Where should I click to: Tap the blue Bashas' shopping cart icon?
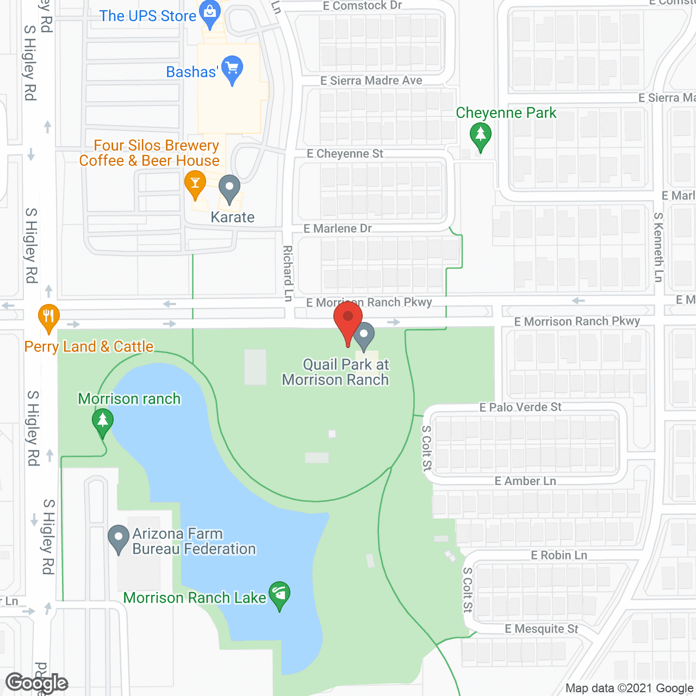pos(232,69)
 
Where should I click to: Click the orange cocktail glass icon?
pos(195,183)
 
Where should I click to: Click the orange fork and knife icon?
pos(48,317)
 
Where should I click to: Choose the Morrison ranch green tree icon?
pos(102,421)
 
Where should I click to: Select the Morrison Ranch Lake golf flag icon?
pos(279,594)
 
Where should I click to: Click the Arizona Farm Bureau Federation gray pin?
pos(118,538)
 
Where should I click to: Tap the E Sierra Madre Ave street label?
pos(371,81)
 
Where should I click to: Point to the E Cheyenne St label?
pos(345,154)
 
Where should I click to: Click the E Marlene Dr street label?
pos(338,229)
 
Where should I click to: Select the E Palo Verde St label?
pos(520,407)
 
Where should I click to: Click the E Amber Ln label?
pos(525,481)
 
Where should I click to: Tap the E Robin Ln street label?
pos(559,555)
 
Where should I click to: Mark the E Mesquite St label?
pos(542,629)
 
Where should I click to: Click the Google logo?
pos(37,683)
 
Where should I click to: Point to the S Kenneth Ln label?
pos(658,247)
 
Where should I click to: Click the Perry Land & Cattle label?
pos(89,346)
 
